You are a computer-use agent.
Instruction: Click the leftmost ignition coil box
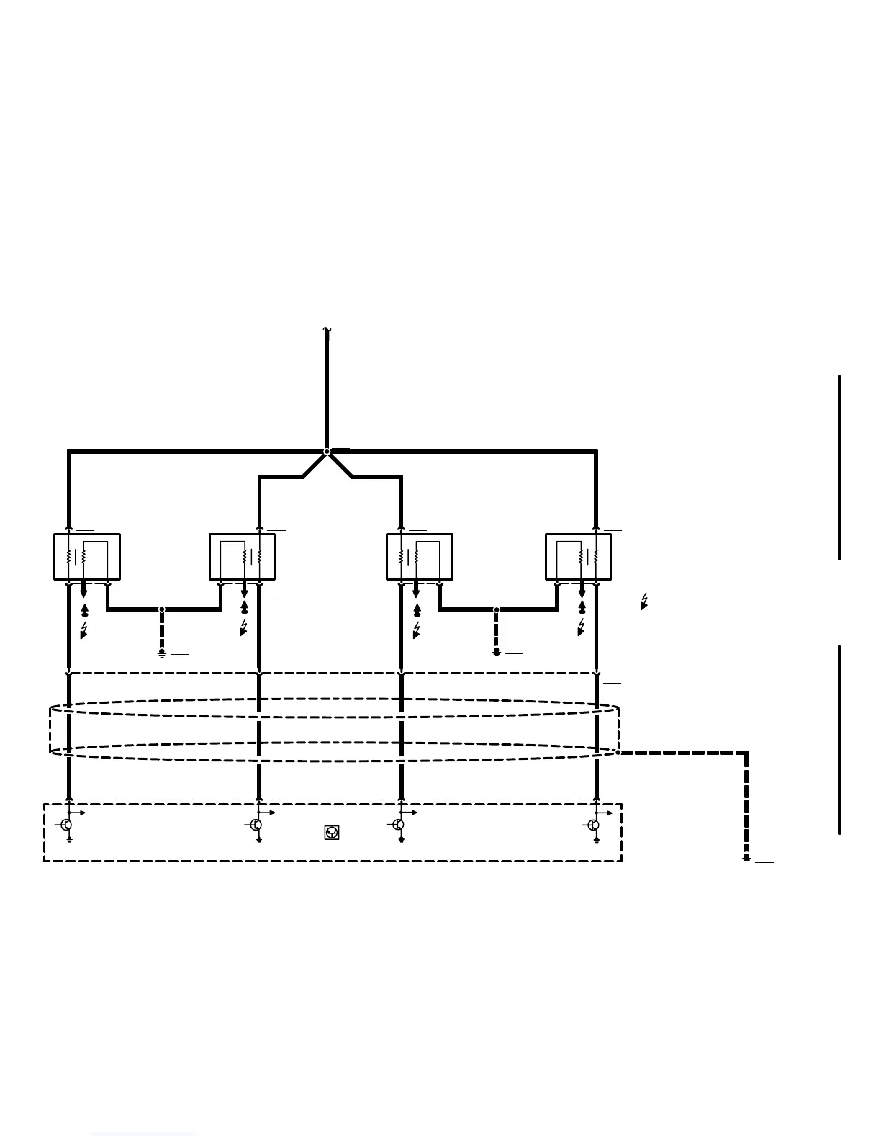[87, 557]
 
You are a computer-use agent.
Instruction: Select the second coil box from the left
[242, 557]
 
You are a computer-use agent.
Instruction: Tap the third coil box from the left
[420, 557]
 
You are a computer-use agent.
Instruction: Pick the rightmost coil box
[579, 557]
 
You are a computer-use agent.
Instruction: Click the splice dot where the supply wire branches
[327, 452]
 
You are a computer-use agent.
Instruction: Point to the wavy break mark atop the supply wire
[327, 331]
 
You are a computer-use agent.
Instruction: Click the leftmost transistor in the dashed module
[66, 825]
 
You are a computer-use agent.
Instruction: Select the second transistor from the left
[256, 825]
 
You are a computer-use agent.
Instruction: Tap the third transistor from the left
[399, 825]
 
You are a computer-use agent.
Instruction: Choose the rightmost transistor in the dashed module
[594, 825]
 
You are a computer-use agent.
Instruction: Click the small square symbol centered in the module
[332, 833]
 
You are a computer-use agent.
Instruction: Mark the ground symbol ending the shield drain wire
[746, 858]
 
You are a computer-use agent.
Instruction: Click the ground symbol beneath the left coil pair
[162, 652]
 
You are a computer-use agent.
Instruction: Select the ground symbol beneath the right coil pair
[497, 652]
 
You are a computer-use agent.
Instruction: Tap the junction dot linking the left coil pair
[162, 609]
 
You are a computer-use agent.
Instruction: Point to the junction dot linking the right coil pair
[497, 609]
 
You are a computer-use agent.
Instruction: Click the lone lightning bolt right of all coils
[644, 601]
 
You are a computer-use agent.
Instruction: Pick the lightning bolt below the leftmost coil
[84, 630]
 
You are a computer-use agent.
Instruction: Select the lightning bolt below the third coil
[417, 630]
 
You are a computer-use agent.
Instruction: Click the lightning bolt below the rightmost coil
[582, 627]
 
